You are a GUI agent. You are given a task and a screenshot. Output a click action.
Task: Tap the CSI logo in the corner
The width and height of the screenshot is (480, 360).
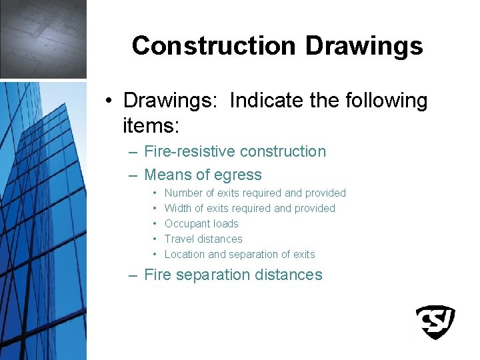(435, 322)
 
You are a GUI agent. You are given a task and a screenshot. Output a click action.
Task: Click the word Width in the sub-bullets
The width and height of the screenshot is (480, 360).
(179, 209)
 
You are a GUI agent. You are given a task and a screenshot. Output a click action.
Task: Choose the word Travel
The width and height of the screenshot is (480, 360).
(179, 239)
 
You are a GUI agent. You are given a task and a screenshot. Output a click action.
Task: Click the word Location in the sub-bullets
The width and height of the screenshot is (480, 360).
(185, 254)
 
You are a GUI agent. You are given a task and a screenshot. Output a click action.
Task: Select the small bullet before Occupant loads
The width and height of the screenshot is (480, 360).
(155, 224)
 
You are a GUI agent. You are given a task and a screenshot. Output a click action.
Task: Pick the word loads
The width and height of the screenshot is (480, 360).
(226, 224)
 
